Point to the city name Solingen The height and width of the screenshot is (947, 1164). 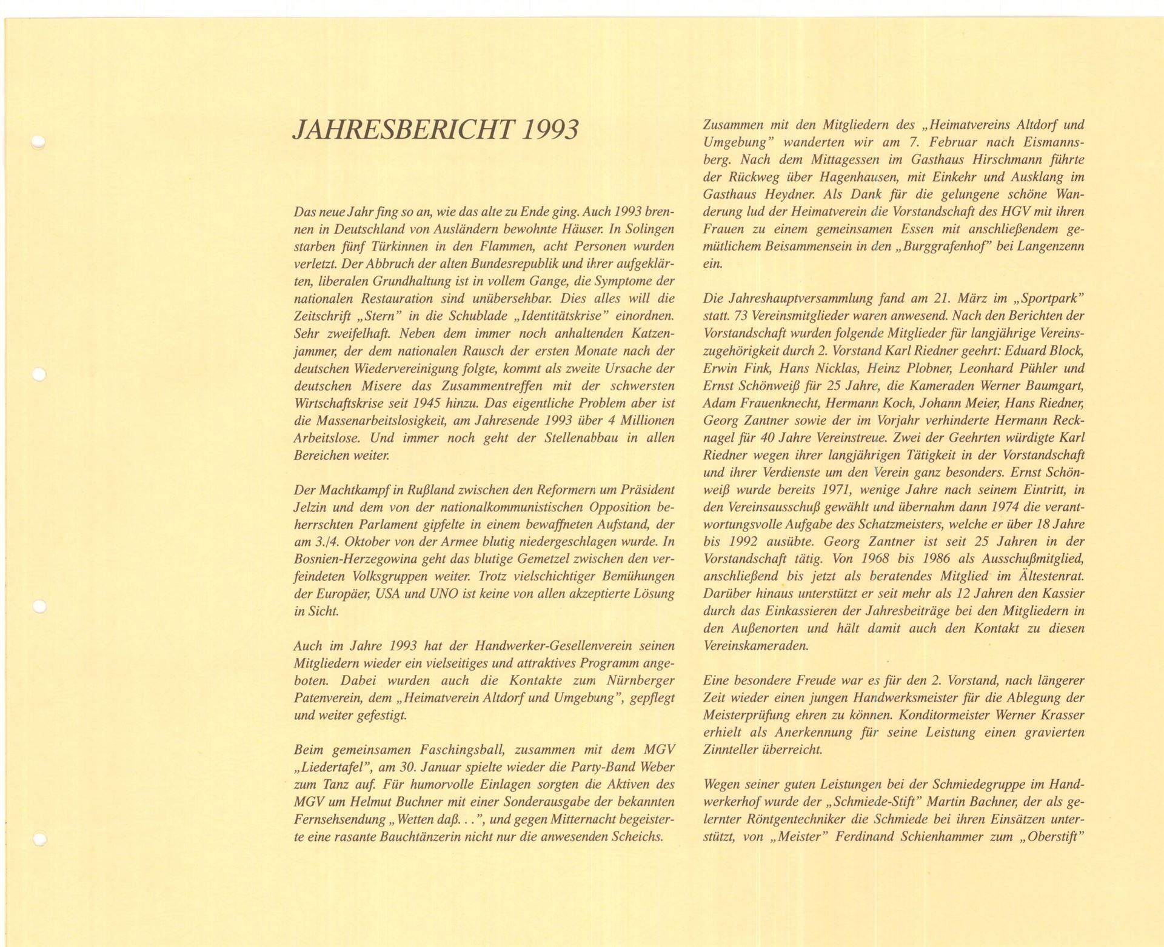tap(646, 229)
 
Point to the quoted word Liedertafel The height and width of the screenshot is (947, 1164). tap(333, 767)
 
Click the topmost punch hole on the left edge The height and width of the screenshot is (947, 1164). tap(38, 143)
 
